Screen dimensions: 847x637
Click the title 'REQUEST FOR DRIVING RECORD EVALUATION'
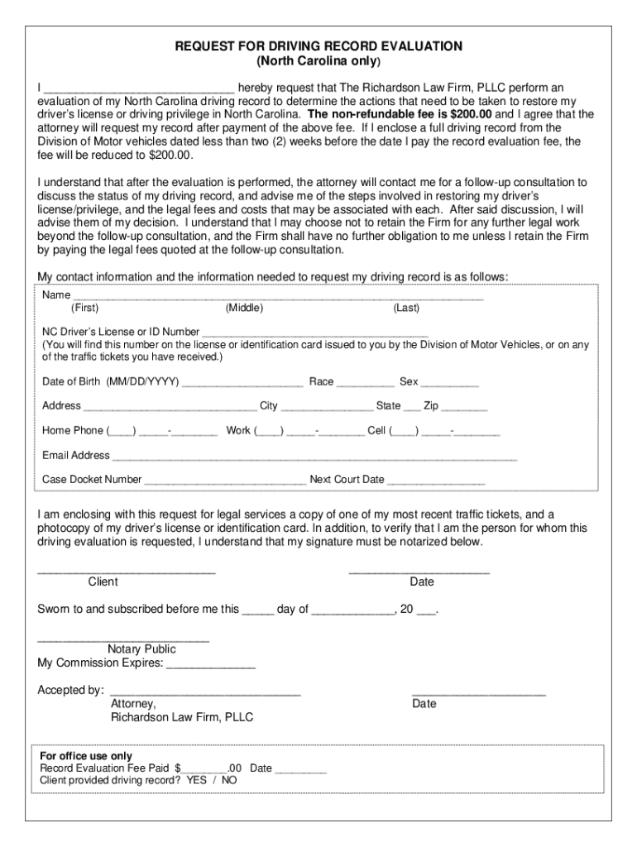coord(318,47)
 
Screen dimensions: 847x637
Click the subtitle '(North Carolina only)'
coord(318,62)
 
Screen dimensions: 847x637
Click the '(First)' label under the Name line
coord(84,309)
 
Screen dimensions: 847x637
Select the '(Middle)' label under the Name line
coord(244,309)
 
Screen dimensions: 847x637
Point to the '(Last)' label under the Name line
coord(406,309)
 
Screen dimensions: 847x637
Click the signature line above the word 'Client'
coord(127,572)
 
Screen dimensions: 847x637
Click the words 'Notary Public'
coord(141,649)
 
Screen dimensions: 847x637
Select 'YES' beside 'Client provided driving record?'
coord(197,780)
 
